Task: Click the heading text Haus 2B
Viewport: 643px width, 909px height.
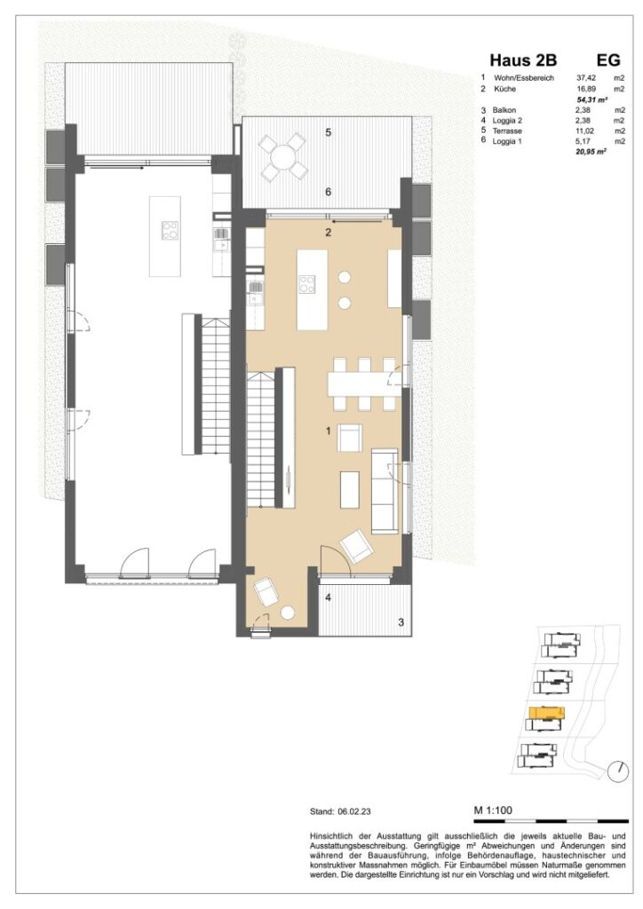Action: coord(518,61)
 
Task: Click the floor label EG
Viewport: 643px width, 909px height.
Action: coord(608,61)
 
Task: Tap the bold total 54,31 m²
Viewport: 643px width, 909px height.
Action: coord(591,101)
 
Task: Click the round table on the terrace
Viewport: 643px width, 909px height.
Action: coord(284,156)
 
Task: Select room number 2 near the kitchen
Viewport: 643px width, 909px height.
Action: coord(328,233)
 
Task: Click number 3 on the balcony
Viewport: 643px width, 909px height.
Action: coord(401,622)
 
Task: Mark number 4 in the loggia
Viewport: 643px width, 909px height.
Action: coord(329,597)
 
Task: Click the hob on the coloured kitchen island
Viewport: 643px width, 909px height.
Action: coord(307,284)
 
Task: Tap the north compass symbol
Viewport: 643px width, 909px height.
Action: coord(617,772)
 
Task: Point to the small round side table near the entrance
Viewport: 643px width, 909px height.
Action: coord(289,612)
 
